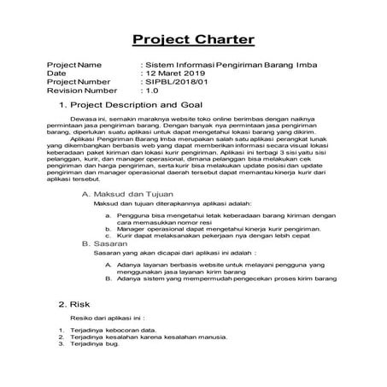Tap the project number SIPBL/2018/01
coord(180,82)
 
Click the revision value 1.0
coord(152,90)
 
